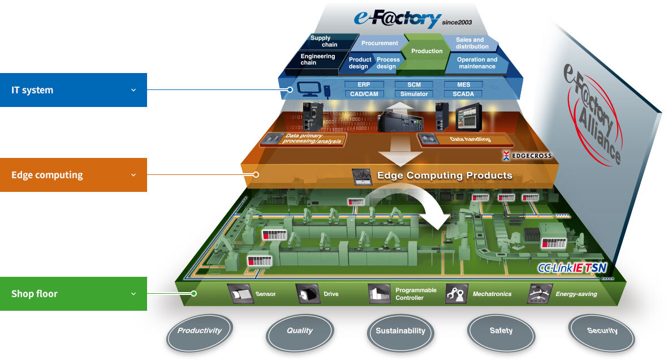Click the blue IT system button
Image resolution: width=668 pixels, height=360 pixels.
73,90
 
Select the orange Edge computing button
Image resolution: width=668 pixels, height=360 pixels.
73,175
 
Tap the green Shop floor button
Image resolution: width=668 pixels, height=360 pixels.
73,294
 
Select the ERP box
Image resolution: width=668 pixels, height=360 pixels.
364,85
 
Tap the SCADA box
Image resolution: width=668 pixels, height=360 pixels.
463,94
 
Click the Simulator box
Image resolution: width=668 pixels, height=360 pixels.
414,94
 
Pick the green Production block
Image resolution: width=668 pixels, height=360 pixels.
426,51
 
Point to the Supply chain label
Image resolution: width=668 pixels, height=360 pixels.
324,41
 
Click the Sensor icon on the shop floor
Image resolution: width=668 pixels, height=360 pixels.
238,294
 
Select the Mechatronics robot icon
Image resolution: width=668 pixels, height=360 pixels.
455,294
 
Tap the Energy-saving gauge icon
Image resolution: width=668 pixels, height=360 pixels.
539,294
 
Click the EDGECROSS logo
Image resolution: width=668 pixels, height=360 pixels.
527,155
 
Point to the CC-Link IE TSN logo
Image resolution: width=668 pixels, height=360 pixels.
572,268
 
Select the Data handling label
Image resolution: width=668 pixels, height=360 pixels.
470,139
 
